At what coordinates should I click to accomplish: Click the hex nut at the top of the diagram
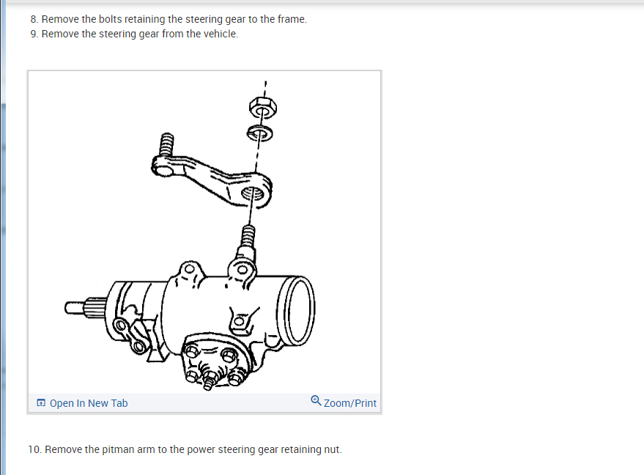click(x=260, y=108)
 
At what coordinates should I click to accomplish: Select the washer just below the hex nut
click(x=259, y=133)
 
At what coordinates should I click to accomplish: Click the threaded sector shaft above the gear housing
click(x=248, y=237)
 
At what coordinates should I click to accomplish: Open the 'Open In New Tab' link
click(x=89, y=403)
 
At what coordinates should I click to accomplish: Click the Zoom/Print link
click(x=350, y=403)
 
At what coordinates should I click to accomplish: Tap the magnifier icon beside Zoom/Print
click(x=316, y=400)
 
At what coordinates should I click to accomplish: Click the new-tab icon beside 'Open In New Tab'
click(x=41, y=403)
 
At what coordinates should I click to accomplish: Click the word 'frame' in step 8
click(x=291, y=19)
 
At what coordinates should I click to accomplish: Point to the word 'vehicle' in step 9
click(x=221, y=34)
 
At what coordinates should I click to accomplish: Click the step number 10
click(x=34, y=449)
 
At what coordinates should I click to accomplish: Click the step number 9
click(x=34, y=34)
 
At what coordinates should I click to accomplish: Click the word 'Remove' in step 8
click(x=60, y=19)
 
